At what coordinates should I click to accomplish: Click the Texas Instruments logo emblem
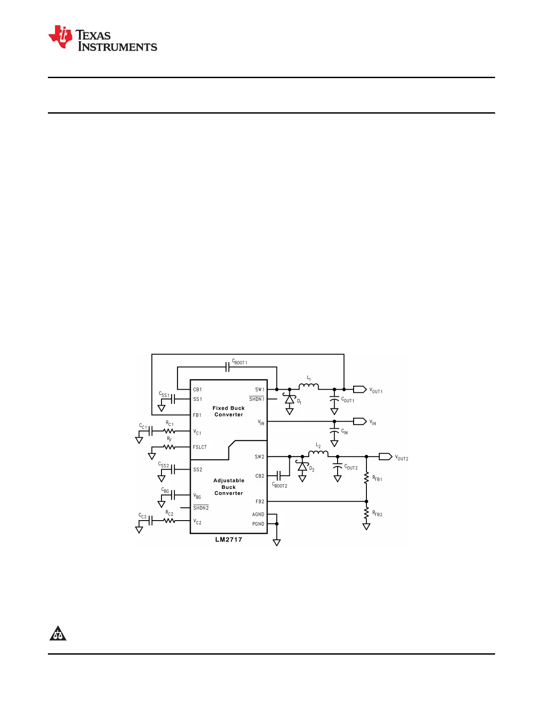pyautogui.click(x=60, y=37)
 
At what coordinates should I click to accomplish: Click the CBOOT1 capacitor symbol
pyautogui.click(x=227, y=367)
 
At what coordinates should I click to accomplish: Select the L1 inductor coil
pyautogui.click(x=309, y=387)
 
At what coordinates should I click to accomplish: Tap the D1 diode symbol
pyautogui.click(x=290, y=399)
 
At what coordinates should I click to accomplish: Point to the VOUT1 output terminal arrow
pyautogui.click(x=360, y=389)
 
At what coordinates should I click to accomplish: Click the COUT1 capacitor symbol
pyautogui.click(x=334, y=401)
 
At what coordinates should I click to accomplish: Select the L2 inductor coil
pyautogui.click(x=318, y=454)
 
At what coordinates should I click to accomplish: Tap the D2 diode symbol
pyautogui.click(x=303, y=466)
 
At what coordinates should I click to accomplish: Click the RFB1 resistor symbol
pyautogui.click(x=366, y=478)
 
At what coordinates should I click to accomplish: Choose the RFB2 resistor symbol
pyautogui.click(x=366, y=513)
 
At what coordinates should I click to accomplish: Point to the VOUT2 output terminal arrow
pyautogui.click(x=386, y=457)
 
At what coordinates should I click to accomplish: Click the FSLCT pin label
pyautogui.click(x=200, y=447)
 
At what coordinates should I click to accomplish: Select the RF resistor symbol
pyautogui.click(x=169, y=447)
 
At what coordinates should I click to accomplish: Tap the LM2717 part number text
pyautogui.click(x=228, y=540)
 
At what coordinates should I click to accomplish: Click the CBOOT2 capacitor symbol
pyautogui.click(x=279, y=476)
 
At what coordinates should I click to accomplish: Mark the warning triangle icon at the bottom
pyautogui.click(x=58, y=634)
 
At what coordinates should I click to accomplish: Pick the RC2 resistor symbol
pyautogui.click(x=169, y=521)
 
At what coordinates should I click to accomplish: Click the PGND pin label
pyautogui.click(x=258, y=524)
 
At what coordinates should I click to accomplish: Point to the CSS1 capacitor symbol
pyautogui.click(x=173, y=399)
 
